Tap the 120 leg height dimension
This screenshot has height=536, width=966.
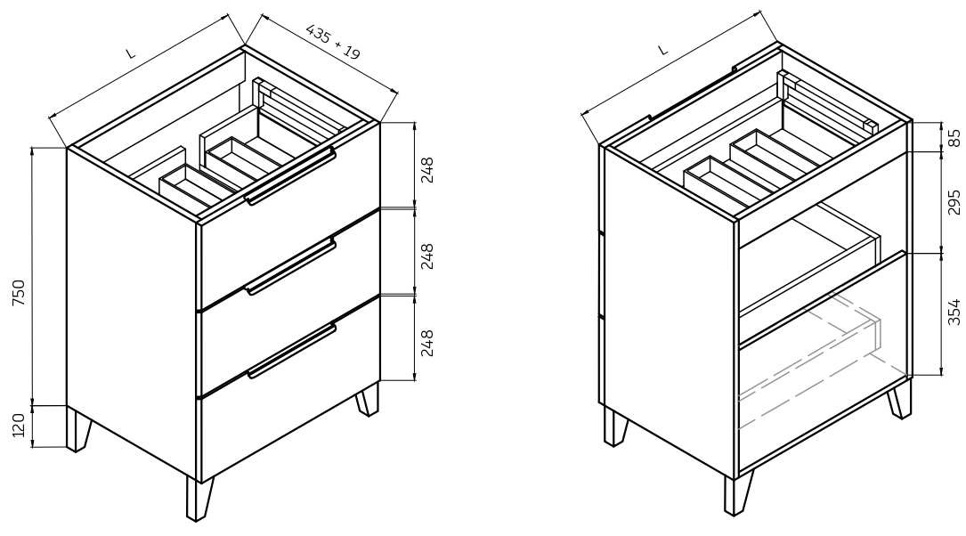coord(18,426)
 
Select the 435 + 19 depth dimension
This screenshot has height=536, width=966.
coord(333,42)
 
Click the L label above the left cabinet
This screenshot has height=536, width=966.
coord(130,53)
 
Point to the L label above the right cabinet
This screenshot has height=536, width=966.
coord(663,50)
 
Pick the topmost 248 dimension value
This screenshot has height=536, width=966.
coord(427,170)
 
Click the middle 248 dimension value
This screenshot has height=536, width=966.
coord(427,256)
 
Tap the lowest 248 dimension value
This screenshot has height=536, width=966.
coord(427,343)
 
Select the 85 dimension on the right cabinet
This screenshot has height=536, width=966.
coord(954,138)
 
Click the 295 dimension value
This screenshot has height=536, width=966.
coord(954,202)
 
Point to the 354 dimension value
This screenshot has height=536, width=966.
coord(954,312)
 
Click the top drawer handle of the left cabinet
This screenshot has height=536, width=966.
coord(289,177)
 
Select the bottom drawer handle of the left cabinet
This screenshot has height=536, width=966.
coord(292,351)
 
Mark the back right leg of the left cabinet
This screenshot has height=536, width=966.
coord(368,400)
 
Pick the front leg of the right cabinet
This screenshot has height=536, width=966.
coord(738,493)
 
